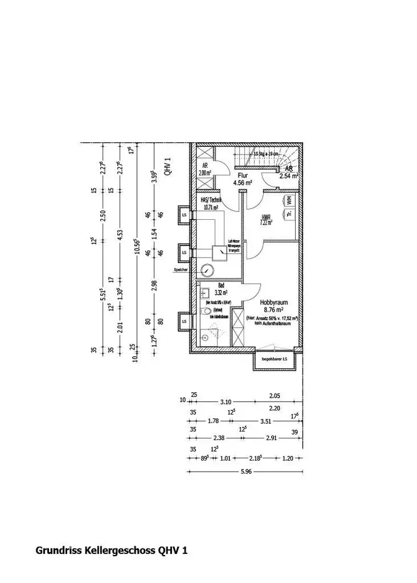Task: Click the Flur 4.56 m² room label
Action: (x=241, y=178)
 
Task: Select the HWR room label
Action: (x=267, y=219)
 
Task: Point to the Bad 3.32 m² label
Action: (x=220, y=290)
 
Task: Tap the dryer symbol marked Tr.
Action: (x=289, y=215)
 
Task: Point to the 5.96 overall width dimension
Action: (x=246, y=473)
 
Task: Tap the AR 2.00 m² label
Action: (x=204, y=170)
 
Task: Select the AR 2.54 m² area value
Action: (x=289, y=175)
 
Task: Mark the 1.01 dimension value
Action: (x=226, y=458)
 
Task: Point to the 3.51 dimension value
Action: (x=266, y=420)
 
